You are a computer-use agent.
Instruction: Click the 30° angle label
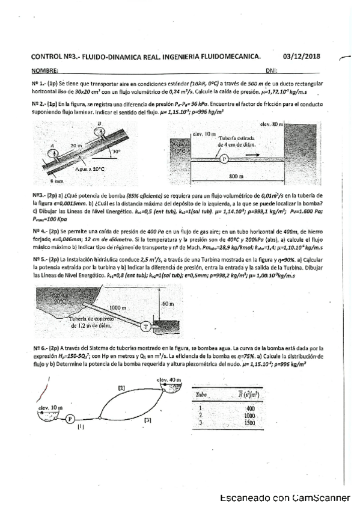click(x=116, y=152)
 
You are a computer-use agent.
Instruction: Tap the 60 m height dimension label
click(x=168, y=305)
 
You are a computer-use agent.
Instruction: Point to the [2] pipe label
click(x=121, y=389)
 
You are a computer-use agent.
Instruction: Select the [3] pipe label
click(x=147, y=420)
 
